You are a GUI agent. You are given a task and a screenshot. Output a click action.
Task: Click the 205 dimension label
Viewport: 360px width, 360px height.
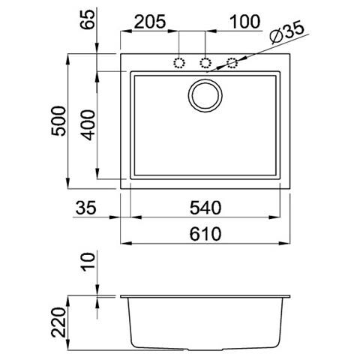tap(150, 22)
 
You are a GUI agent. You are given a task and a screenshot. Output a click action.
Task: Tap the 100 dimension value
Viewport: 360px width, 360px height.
tap(245, 22)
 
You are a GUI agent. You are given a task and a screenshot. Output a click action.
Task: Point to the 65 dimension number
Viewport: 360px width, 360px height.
tap(88, 19)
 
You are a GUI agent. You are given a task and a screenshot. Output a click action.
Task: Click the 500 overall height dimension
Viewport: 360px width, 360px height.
tap(58, 121)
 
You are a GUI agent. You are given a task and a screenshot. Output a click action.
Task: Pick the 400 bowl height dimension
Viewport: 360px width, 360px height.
tap(88, 125)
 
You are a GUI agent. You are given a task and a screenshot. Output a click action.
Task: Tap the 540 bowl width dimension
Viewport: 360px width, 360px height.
tap(205, 208)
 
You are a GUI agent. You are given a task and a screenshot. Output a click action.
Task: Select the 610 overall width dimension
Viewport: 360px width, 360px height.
tap(205, 234)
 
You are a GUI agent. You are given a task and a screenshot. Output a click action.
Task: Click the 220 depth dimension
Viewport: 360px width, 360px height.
tap(58, 322)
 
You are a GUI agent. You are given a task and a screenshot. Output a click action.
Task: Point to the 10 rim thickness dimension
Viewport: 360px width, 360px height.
tap(88, 262)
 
